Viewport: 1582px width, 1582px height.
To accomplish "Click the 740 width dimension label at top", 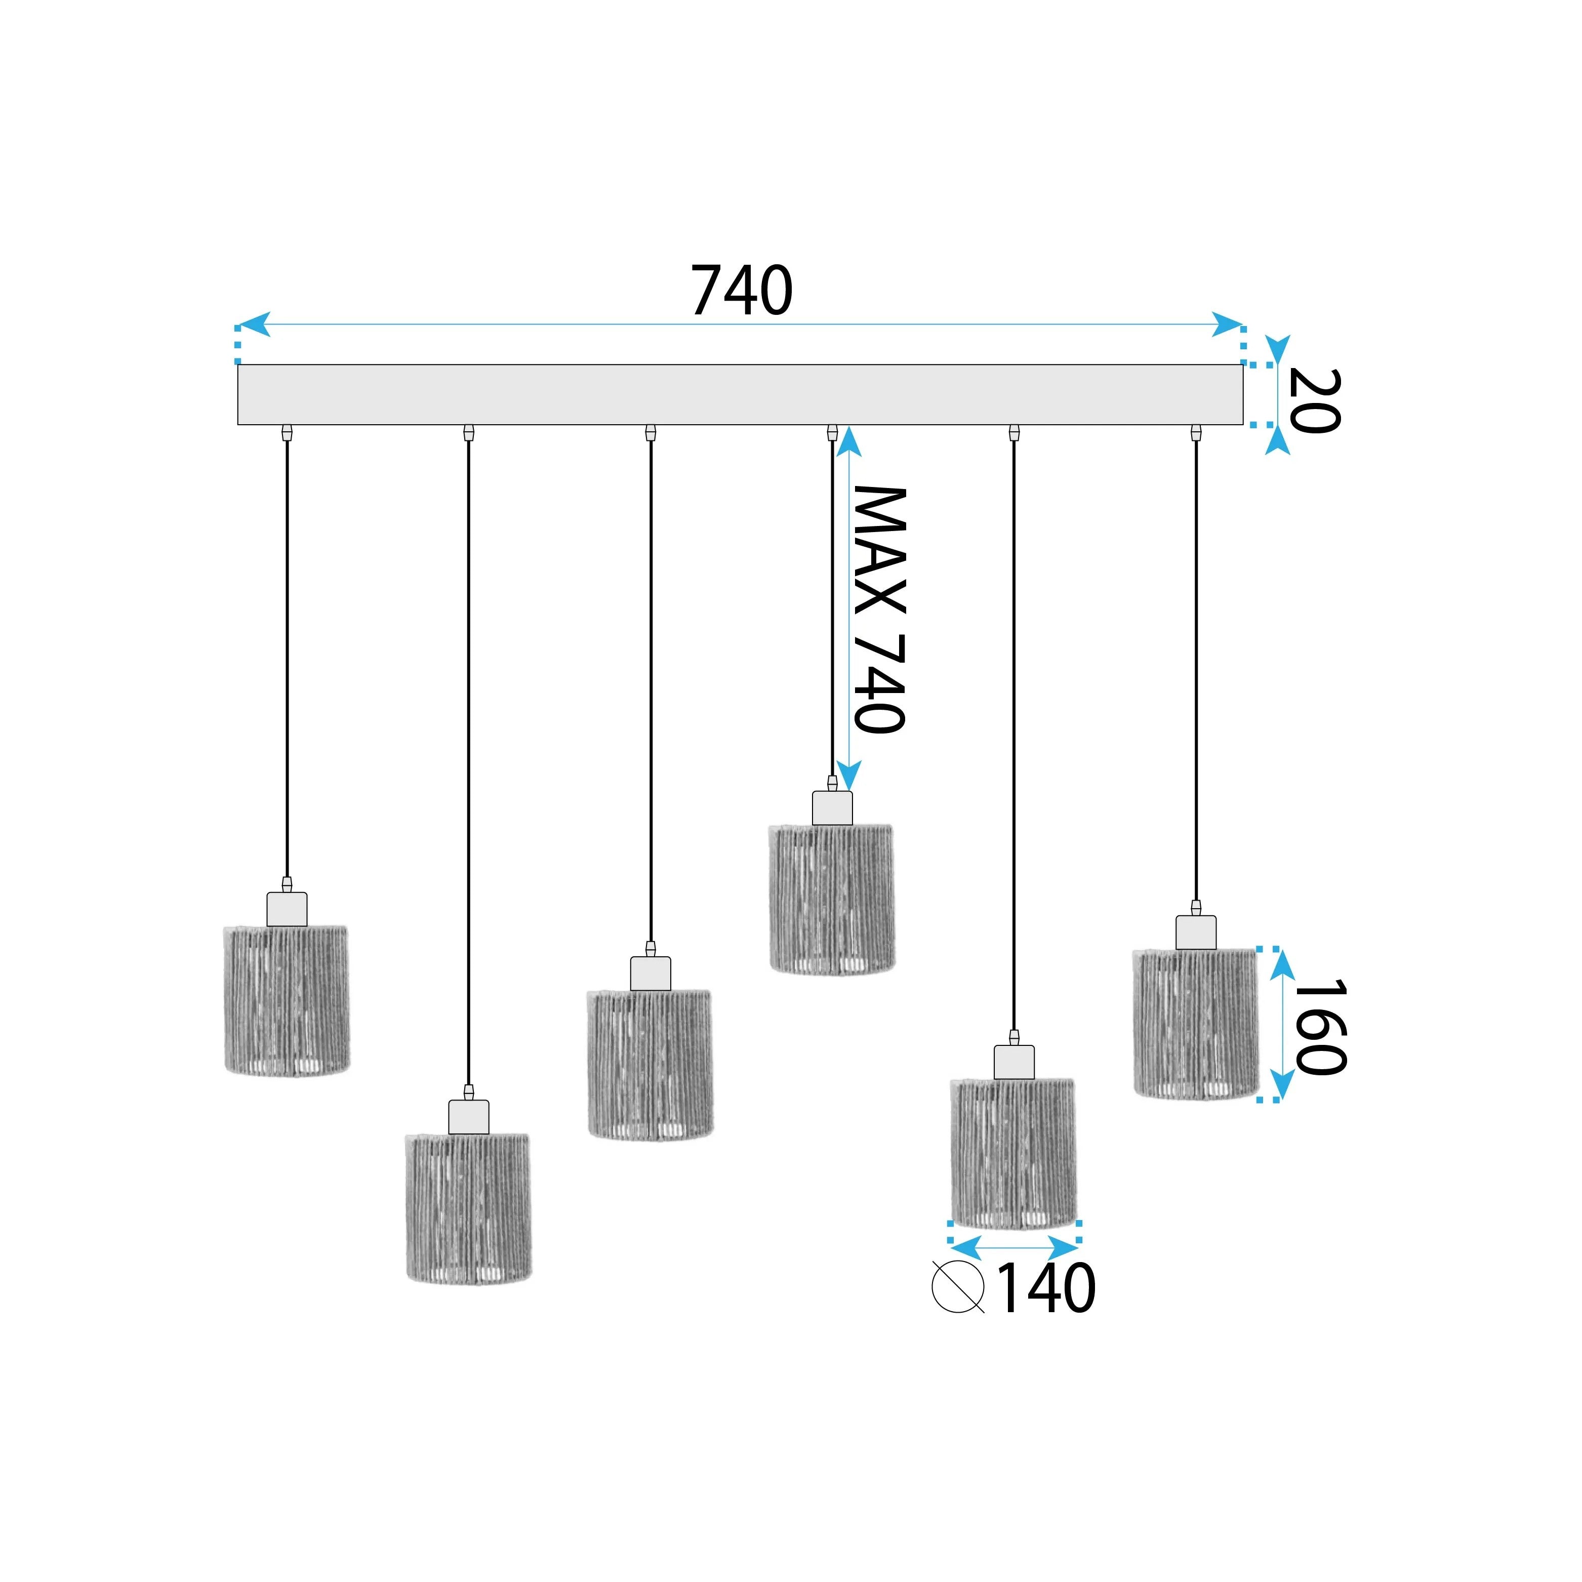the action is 742,291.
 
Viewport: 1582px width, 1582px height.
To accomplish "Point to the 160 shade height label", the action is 1320,1027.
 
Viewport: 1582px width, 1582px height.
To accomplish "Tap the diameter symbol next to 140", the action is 958,1287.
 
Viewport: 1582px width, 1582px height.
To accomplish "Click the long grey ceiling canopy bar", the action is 740,395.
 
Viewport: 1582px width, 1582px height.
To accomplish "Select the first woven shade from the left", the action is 287,1000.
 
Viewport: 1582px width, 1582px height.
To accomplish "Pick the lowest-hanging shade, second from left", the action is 468,1208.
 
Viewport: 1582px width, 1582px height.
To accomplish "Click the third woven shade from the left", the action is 650,1065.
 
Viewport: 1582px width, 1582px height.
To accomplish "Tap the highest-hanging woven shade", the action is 832,899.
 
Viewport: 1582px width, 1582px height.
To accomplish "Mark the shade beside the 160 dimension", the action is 1196,1024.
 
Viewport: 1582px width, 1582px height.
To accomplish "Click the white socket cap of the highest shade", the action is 832,808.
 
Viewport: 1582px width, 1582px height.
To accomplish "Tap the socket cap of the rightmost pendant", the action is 1196,932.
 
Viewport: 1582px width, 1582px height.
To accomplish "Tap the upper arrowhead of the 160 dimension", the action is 1282,964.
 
